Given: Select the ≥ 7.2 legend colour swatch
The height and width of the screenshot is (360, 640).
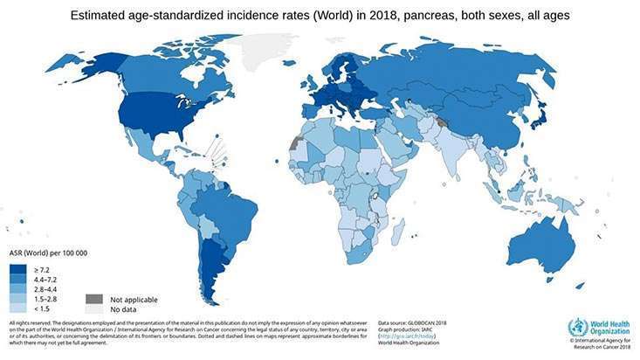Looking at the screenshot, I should pos(17,271).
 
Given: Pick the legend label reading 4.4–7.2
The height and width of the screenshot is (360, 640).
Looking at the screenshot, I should pos(50,280).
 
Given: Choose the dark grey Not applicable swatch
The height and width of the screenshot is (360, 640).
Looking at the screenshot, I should pos(93,299).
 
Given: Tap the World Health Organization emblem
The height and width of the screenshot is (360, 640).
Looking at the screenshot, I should pos(578,329).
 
